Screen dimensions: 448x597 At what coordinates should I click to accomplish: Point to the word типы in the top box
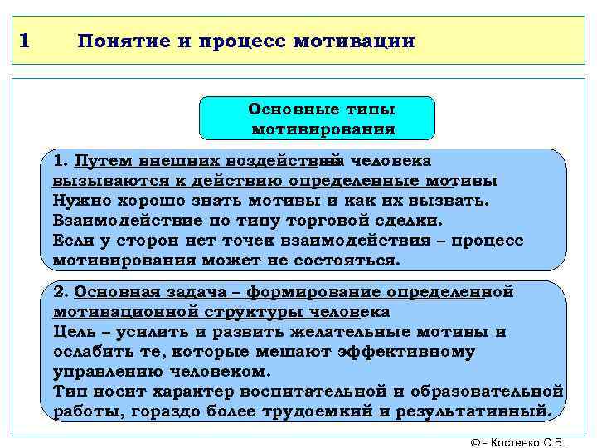[371, 110]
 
